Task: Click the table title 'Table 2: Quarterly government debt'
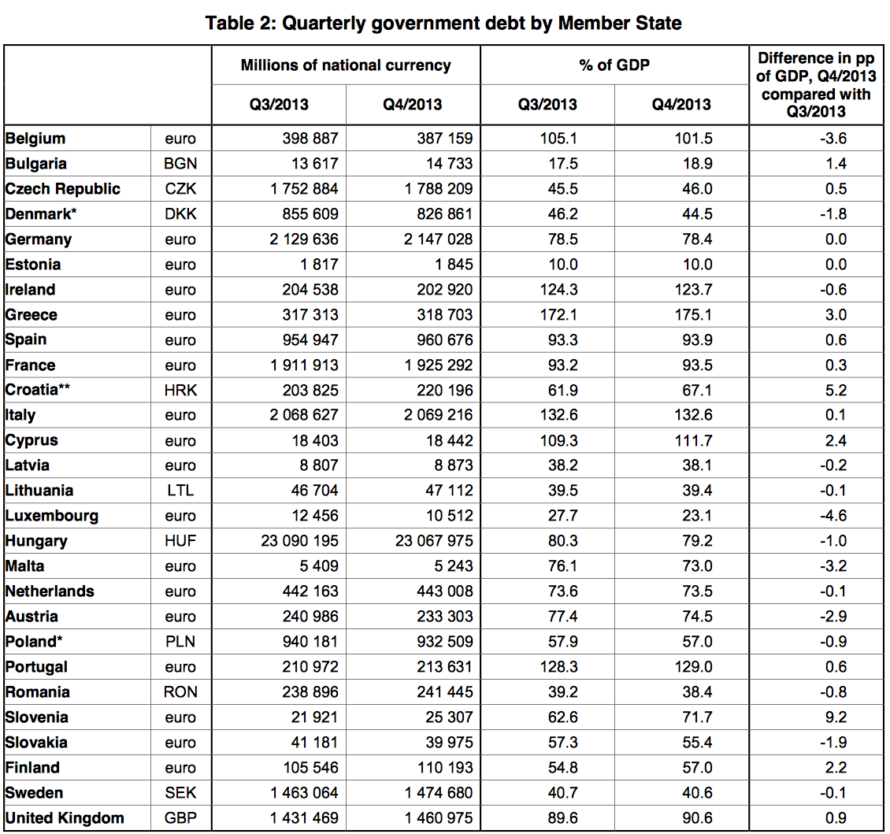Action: (443, 24)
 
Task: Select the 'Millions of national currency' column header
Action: (346, 65)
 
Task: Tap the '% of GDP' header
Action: (614, 65)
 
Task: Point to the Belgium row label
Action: (35, 139)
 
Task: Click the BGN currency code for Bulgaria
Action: (180, 164)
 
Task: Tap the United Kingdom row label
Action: (65, 818)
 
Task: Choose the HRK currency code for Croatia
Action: (180, 391)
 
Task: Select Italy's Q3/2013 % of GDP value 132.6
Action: (558, 415)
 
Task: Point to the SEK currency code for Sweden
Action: (180, 793)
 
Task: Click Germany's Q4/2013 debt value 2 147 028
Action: (438, 239)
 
